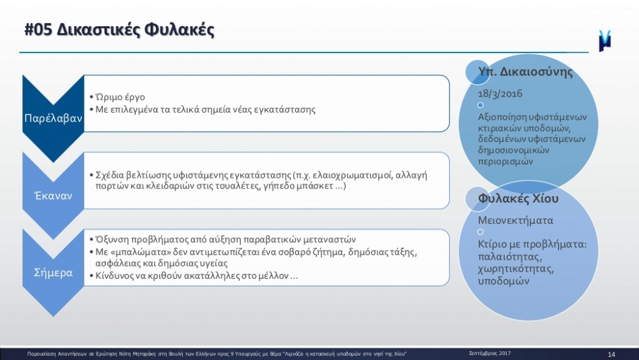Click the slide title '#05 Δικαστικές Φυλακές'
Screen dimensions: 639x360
[119, 30]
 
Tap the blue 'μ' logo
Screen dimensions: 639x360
[604, 41]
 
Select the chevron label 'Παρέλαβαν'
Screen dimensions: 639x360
[53, 118]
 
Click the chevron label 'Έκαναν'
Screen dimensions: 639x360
[54, 196]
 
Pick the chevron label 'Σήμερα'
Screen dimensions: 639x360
[53, 273]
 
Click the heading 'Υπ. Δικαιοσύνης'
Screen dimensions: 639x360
[525, 72]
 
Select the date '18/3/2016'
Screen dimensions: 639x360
[500, 94]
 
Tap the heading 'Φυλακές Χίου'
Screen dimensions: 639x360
[518, 199]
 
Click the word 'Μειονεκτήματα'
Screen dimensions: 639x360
[516, 221]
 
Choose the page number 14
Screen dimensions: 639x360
[612, 354]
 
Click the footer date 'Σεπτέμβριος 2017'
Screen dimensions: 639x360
[489, 353]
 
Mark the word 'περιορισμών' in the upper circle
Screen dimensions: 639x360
[505, 161]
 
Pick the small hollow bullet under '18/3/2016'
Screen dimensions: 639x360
[481, 106]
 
